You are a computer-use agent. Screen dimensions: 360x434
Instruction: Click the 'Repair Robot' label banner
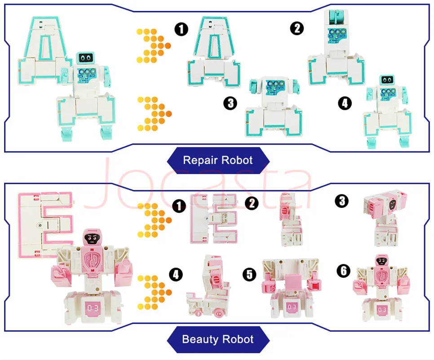click(218, 160)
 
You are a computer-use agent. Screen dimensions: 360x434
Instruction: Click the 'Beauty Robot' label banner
click(218, 339)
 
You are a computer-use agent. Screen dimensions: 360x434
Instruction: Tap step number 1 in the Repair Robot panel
click(181, 30)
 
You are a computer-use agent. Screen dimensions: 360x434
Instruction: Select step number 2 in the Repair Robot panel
click(297, 29)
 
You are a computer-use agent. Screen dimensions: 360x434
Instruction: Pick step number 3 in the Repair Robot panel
click(230, 103)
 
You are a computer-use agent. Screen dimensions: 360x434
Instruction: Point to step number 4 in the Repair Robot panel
click(344, 103)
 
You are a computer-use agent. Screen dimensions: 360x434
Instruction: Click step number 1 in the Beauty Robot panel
click(180, 206)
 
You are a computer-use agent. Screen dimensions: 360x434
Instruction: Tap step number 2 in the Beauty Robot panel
click(252, 203)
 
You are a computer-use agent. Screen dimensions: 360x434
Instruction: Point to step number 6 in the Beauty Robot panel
click(343, 270)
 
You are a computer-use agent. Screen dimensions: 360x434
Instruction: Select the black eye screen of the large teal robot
click(86, 57)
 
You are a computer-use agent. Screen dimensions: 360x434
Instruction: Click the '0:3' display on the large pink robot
click(93, 308)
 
